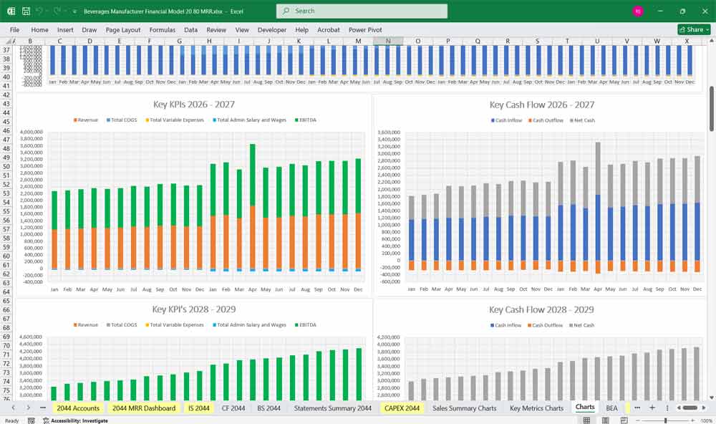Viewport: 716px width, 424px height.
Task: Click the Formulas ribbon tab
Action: [163, 30]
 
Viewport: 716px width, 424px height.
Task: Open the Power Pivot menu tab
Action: [365, 30]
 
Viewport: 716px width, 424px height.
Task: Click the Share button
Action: [694, 30]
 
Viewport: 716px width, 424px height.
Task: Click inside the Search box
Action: [362, 11]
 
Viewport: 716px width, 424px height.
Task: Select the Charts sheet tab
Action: [585, 408]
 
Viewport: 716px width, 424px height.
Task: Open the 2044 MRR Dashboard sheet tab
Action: [143, 408]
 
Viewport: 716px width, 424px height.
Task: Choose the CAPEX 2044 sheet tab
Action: [402, 408]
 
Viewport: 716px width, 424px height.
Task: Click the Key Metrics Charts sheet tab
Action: [536, 408]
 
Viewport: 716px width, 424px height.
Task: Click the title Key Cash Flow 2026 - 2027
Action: [542, 105]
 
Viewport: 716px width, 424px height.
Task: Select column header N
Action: [388, 42]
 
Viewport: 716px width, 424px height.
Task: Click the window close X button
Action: [704, 11]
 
